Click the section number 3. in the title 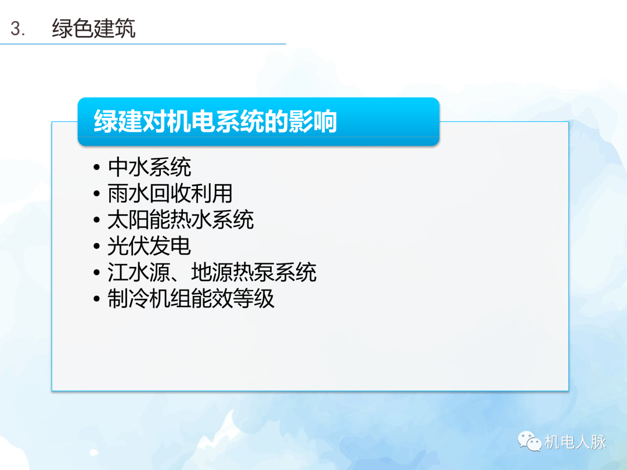[x=18, y=28]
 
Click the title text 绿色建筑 [x=93, y=28]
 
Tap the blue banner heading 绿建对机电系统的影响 [x=215, y=122]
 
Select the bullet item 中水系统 [x=149, y=168]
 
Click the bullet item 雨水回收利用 [x=170, y=194]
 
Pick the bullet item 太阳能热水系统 [x=181, y=220]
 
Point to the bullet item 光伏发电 [x=149, y=247]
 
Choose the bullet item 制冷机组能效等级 [x=191, y=299]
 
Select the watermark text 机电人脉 [x=575, y=442]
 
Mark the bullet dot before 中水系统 [x=97, y=169]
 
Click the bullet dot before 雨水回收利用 [x=97, y=195]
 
